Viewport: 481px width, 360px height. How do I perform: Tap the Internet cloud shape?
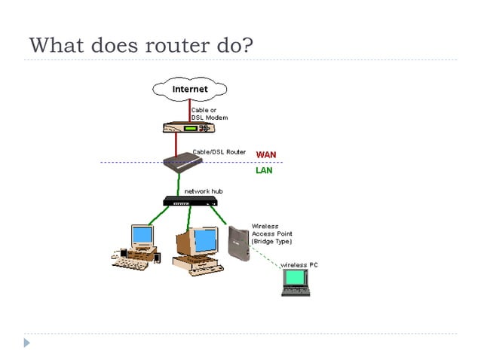[190, 90]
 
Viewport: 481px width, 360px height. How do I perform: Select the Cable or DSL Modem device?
[183, 128]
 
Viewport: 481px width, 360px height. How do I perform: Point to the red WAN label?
[265, 154]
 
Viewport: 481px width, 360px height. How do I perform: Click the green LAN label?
[264, 170]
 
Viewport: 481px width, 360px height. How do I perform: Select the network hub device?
[190, 201]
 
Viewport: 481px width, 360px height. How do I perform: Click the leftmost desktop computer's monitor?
[142, 236]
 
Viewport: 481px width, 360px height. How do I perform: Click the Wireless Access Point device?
[237, 243]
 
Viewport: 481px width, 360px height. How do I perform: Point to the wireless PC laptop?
[296, 282]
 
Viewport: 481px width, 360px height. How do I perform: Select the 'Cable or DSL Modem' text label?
[209, 114]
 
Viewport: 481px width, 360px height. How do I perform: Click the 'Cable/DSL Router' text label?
[218, 151]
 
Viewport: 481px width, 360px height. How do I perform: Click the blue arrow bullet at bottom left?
[27, 342]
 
